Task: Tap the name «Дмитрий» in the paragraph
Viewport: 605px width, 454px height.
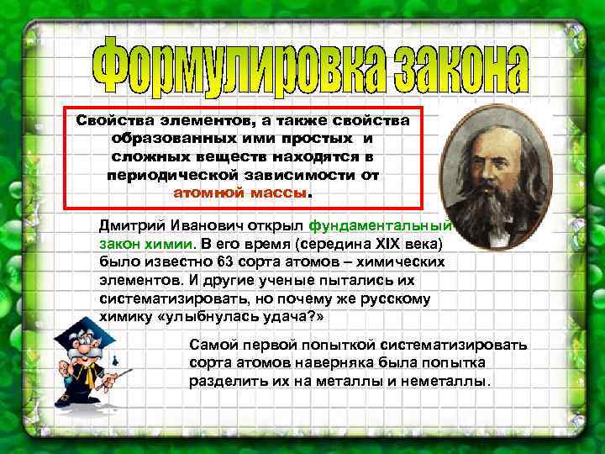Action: click(x=127, y=225)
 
